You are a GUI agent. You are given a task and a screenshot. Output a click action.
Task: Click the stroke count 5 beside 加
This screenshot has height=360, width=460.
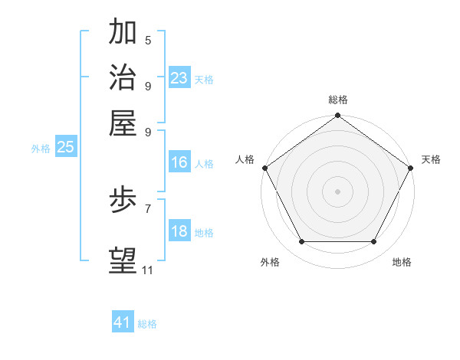point(148,40)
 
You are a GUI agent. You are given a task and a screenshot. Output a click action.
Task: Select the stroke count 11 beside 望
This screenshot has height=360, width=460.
point(147,270)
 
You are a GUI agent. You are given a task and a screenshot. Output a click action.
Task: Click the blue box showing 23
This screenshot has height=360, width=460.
point(179,77)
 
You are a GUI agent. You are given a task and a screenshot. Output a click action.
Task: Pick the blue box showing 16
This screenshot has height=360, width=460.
point(179,162)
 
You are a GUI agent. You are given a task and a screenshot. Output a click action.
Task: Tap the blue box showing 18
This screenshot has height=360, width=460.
point(179,231)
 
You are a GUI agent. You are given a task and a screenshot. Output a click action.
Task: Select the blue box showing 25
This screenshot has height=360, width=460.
point(65,147)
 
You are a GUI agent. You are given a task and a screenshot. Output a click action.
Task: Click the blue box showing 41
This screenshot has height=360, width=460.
point(123,322)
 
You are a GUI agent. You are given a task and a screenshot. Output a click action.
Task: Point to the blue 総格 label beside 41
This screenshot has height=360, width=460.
point(147,324)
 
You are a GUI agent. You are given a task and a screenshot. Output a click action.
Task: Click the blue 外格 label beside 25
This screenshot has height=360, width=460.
point(41,149)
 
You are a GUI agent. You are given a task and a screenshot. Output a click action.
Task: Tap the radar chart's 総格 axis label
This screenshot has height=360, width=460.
point(337,100)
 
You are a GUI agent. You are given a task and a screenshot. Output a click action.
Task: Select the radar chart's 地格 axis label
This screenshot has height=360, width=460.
point(402,262)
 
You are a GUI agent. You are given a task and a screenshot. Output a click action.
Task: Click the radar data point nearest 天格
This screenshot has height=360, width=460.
point(411,167)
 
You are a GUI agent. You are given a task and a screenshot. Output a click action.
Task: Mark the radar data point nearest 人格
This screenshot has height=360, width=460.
point(264,167)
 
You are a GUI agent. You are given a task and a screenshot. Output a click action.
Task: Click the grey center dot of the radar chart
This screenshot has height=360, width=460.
point(337,191)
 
